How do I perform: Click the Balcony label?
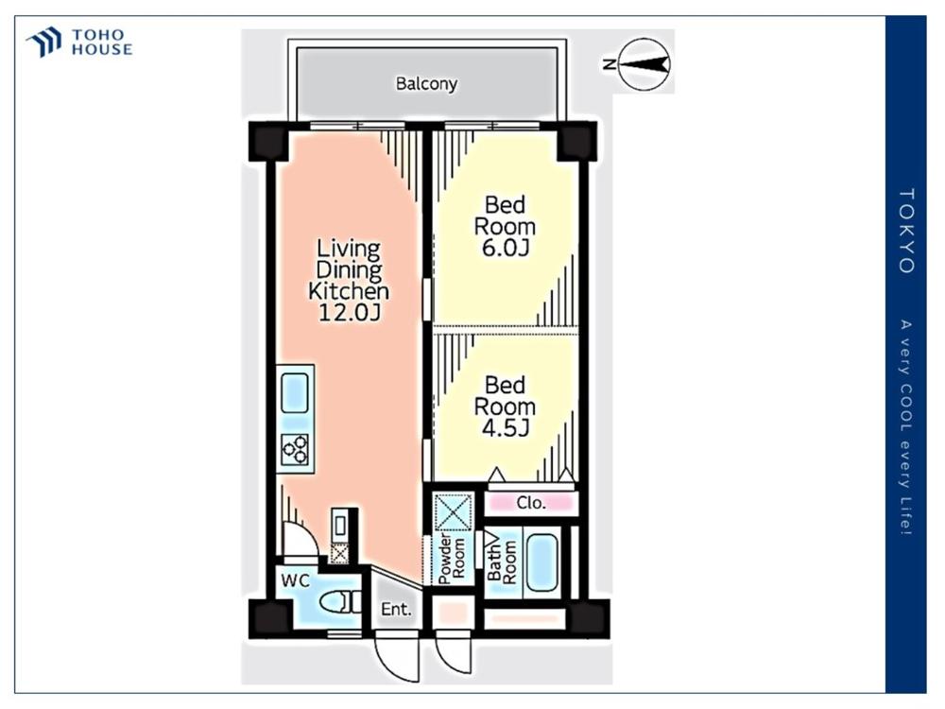click(x=426, y=83)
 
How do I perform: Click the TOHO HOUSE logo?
click(x=79, y=43)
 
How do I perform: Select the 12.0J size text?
click(x=349, y=312)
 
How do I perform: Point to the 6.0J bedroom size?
click(x=505, y=247)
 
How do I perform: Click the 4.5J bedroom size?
click(x=505, y=427)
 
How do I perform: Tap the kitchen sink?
click(x=295, y=391)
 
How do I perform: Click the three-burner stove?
click(x=295, y=449)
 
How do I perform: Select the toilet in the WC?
click(x=339, y=601)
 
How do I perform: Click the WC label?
click(x=295, y=580)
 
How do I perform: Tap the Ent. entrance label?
click(x=396, y=609)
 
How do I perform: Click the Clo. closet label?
click(x=531, y=502)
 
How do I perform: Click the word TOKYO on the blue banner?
click(x=907, y=231)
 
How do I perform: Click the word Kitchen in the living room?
click(x=349, y=291)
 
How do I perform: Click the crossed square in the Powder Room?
click(x=454, y=511)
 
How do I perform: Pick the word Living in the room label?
click(x=349, y=249)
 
